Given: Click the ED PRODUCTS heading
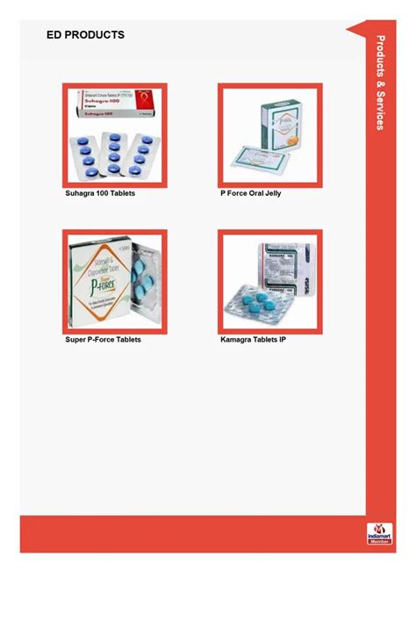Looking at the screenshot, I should click(x=85, y=35).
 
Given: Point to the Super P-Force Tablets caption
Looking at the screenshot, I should click(x=103, y=339).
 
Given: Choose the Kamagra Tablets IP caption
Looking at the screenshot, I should click(x=253, y=339).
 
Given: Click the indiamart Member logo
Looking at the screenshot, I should click(x=379, y=534).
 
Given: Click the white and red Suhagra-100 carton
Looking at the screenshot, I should click(x=113, y=109).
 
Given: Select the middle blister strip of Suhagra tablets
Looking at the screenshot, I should click(x=114, y=153).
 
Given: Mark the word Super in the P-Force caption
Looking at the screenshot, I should click(x=76, y=339).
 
